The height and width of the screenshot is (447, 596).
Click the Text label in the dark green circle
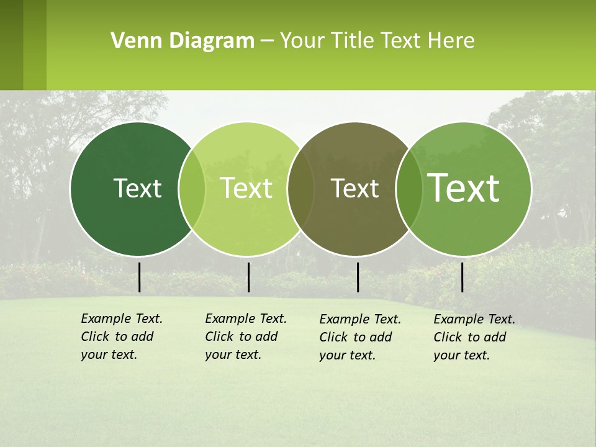click(x=137, y=188)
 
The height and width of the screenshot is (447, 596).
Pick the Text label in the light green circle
click(x=246, y=188)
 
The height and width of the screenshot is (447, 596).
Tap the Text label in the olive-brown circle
click(x=355, y=188)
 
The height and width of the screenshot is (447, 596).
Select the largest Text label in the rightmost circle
click(x=464, y=188)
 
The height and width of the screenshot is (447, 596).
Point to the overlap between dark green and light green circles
click(x=192, y=189)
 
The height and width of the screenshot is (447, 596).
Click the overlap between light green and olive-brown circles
click(x=300, y=189)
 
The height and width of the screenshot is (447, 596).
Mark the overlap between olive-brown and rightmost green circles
click(x=409, y=189)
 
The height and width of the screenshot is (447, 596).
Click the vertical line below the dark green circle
click(x=140, y=277)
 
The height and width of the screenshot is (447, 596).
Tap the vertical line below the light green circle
click(x=248, y=277)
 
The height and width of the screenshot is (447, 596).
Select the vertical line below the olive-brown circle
click(x=358, y=277)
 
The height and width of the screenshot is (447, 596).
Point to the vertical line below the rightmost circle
click(x=462, y=277)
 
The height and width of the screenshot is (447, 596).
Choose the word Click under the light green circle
click(x=219, y=336)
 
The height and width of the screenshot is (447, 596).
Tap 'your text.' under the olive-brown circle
click(x=347, y=355)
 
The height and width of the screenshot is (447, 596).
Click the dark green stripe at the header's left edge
click(x=11, y=45)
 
